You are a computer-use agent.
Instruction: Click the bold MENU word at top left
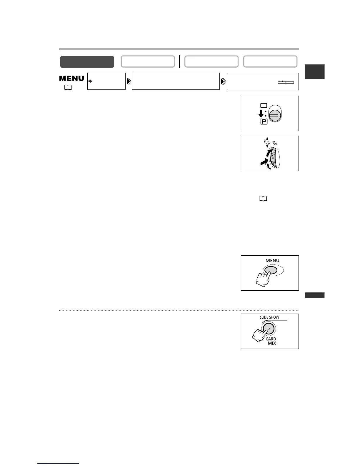(x=72, y=78)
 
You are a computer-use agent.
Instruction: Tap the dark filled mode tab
(x=87, y=62)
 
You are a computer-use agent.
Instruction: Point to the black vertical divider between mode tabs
(x=179, y=61)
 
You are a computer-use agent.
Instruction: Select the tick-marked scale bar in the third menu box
(x=286, y=82)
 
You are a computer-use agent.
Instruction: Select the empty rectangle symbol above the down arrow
(x=264, y=105)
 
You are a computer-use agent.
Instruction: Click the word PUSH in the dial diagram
(x=267, y=144)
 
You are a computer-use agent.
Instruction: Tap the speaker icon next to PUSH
(x=275, y=143)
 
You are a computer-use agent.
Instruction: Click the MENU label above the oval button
(x=272, y=260)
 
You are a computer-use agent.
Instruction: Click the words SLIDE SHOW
(x=269, y=317)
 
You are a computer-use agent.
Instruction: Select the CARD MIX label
(x=271, y=341)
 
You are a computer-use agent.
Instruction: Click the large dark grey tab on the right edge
(x=315, y=71)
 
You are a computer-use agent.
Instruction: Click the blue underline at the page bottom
(x=59, y=464)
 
